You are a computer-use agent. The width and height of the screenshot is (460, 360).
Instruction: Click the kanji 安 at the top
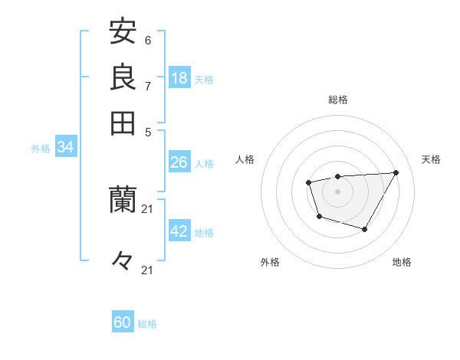(123, 32)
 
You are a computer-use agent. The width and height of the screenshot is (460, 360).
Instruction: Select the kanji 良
(123, 77)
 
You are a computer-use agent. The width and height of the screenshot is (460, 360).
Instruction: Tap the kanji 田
(123, 123)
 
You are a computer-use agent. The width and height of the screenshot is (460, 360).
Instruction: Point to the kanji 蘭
(123, 201)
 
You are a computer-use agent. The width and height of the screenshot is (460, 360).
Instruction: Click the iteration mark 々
(123, 261)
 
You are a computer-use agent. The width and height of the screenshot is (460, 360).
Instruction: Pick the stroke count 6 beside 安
(147, 40)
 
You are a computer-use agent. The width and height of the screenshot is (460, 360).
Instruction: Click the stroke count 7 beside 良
(147, 86)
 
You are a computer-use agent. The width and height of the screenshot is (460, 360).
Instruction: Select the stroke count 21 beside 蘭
(148, 208)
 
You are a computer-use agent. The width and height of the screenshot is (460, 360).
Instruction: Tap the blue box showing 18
(179, 78)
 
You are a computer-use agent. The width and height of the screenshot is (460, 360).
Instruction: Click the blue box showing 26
(179, 162)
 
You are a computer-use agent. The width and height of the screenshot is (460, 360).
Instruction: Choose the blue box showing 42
(179, 231)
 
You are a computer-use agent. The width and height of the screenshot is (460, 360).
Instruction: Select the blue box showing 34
(65, 148)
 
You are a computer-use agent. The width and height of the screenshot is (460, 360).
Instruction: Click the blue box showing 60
(123, 322)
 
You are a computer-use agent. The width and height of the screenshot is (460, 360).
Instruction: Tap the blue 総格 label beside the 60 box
(147, 324)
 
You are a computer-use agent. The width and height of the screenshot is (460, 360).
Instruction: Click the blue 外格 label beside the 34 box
(41, 149)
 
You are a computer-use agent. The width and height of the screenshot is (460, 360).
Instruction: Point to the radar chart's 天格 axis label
(431, 159)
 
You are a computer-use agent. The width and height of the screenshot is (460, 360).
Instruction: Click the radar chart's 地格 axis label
(402, 262)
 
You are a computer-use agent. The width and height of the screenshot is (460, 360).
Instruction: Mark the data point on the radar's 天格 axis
(396, 172)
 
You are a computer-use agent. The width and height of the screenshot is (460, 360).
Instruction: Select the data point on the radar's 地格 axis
(365, 229)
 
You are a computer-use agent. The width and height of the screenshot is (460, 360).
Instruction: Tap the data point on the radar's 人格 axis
(308, 182)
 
